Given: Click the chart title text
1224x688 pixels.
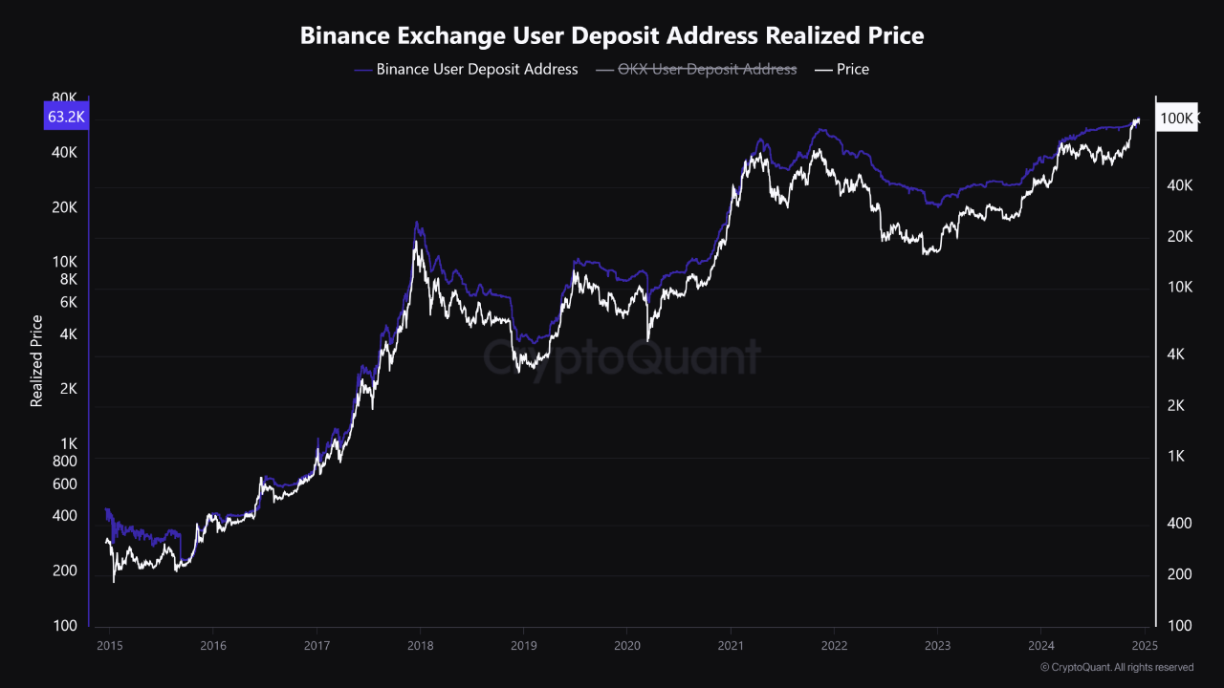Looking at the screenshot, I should [x=612, y=36].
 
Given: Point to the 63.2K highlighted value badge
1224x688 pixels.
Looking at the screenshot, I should [x=66, y=118].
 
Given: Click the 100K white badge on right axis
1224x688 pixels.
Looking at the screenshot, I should [x=1176, y=118].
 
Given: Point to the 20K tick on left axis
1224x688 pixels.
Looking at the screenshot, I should [x=63, y=207].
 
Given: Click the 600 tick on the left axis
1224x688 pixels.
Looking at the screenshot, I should [x=64, y=484].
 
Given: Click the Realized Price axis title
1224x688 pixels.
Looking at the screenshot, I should [x=36, y=360].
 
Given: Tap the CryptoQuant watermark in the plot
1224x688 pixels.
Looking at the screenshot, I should [x=622, y=357].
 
